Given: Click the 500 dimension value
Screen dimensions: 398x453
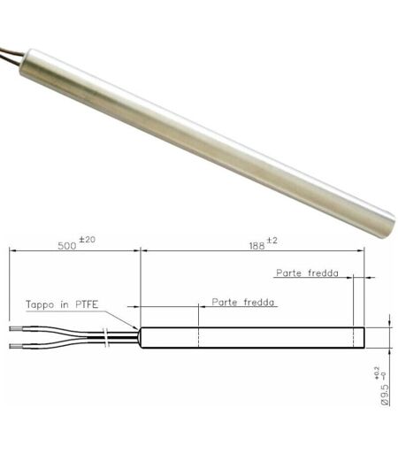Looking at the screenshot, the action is coord(67,246).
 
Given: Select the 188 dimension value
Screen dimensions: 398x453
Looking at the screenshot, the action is coord(257,246).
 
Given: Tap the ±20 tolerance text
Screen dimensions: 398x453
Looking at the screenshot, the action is coord(87,240).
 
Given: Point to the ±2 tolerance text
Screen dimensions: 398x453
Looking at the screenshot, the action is coord(272,241).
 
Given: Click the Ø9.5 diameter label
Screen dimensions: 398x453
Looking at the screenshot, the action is coord(385,395).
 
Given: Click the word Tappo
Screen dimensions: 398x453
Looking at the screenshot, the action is coord(40,304).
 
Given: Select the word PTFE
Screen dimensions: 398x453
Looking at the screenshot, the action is coord(87,304).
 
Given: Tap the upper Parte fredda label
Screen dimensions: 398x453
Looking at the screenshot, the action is coord(307,273).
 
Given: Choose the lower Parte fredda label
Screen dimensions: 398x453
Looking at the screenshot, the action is coord(243,303).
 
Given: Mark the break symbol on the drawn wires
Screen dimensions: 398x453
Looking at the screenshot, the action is coord(105,337).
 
